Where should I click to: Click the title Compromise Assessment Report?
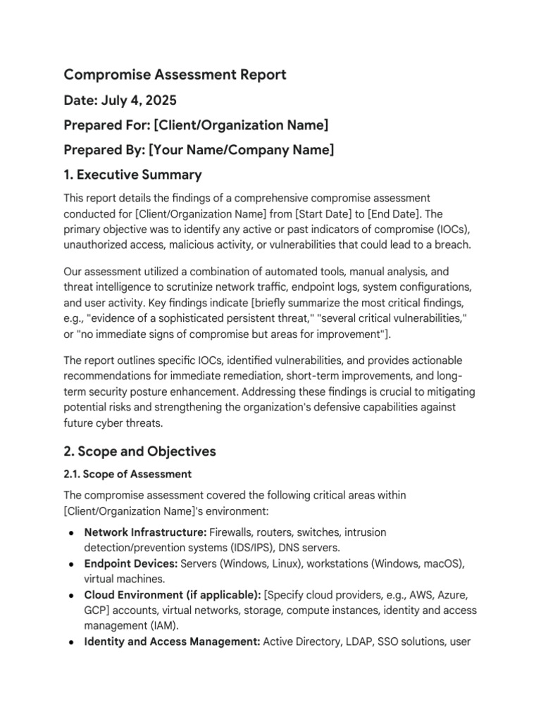[175, 75]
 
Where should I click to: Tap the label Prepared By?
[104, 150]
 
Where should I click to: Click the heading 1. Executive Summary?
[132, 175]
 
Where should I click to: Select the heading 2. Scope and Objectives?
[139, 451]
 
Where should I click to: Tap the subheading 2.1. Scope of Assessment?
[128, 475]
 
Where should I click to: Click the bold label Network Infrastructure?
[145, 532]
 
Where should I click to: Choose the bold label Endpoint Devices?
[131, 564]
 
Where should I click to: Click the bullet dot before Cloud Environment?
[72, 595]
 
